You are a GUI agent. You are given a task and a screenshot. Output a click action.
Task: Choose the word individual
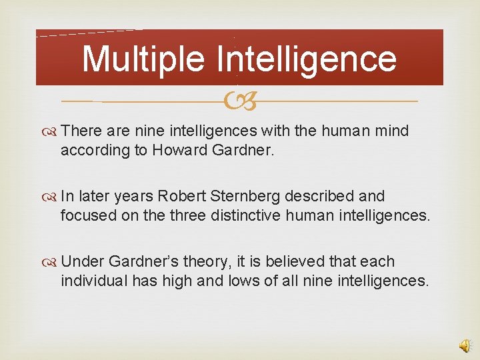tap(93, 281)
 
